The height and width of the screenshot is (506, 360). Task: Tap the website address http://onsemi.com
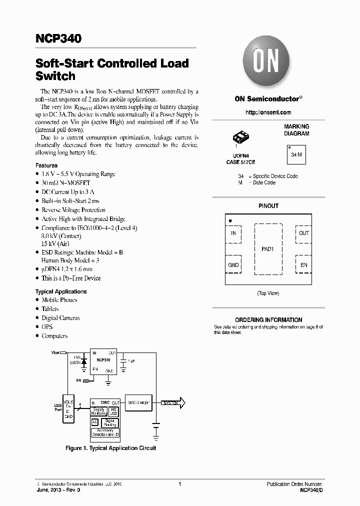[268, 112]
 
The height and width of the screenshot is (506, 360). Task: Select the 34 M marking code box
[296, 155]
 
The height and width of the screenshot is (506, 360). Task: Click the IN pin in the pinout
[233, 233]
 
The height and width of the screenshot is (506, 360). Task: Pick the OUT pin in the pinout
[303, 233]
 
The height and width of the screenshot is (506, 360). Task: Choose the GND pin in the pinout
[233, 265]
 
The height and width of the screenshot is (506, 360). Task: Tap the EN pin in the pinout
[303, 265]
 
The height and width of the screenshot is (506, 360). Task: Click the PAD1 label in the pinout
[268, 248]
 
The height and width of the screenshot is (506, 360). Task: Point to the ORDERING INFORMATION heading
[268, 320]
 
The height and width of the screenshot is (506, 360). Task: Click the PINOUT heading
[268, 206]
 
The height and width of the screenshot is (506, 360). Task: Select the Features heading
[46, 165]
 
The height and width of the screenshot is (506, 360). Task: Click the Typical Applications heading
[61, 291]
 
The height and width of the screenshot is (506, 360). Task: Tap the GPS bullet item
[47, 327]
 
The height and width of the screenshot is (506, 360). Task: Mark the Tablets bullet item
[50, 309]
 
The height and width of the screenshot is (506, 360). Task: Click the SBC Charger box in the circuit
[138, 402]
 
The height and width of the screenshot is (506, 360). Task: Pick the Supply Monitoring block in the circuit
[98, 411]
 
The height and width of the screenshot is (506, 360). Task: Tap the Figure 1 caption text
[111, 448]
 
